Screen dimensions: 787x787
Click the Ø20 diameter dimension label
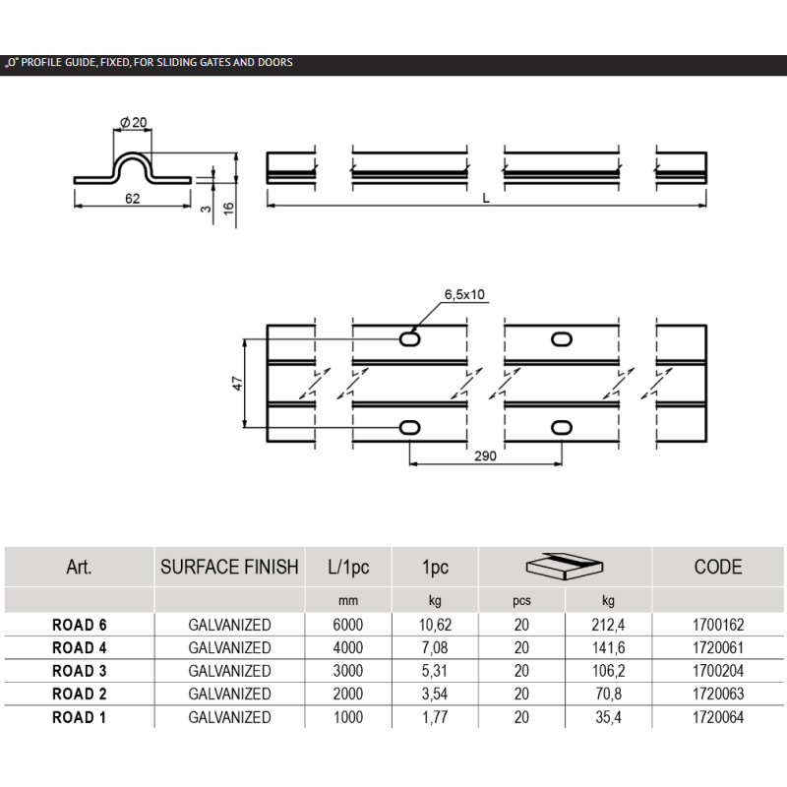tap(134, 121)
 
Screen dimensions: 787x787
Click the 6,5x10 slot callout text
tap(465, 294)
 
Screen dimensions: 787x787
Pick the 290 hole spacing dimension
tap(483, 456)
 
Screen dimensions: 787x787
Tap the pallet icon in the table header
tap(564, 567)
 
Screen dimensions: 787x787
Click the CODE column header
tap(717, 567)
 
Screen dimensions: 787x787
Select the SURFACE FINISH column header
tap(229, 567)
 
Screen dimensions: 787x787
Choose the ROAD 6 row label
tap(80, 625)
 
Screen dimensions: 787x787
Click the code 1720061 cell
tap(717, 647)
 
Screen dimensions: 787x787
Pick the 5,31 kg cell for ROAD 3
tap(435, 671)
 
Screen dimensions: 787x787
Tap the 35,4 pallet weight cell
tap(607, 718)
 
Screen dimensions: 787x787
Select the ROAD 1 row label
tap(80, 718)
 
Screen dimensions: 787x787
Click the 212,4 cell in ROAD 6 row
tap(607, 625)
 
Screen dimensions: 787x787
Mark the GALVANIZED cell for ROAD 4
tap(229, 647)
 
